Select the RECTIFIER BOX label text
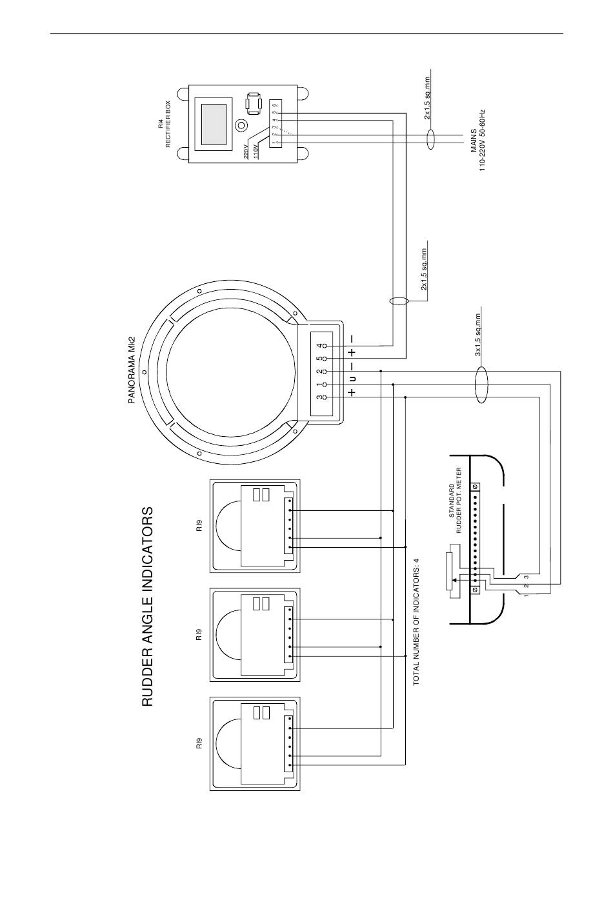click(x=168, y=124)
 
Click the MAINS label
click(x=474, y=141)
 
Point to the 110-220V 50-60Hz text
click(x=482, y=141)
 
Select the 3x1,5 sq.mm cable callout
click(x=477, y=335)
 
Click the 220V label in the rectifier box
click(x=246, y=151)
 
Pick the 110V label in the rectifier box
click(x=256, y=151)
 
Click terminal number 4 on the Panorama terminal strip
click(x=321, y=346)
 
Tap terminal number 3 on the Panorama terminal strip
click(x=321, y=397)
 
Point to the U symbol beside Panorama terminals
click(x=353, y=379)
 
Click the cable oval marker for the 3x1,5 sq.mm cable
click(x=481, y=385)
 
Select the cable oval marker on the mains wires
click(x=431, y=139)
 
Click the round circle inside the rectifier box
click(x=242, y=125)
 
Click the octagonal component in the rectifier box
click(x=254, y=103)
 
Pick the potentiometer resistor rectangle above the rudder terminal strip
click(x=448, y=572)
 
